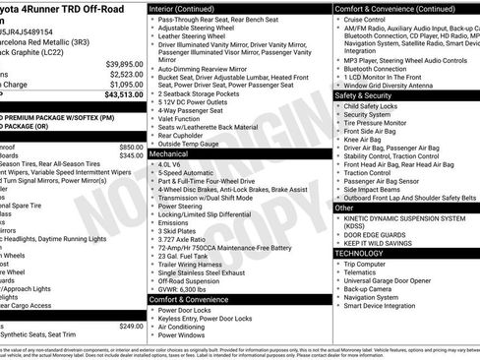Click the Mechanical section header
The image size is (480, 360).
[x=169, y=154]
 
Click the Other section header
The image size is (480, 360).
[x=345, y=208]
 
